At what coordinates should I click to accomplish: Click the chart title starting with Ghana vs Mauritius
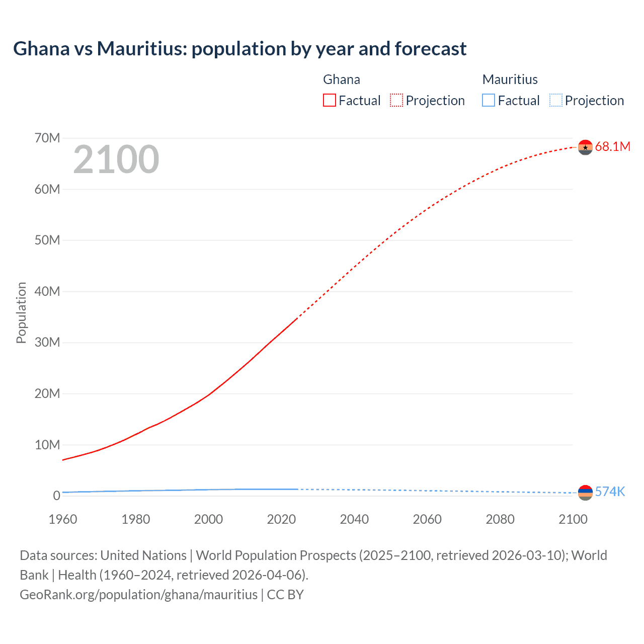[239, 49]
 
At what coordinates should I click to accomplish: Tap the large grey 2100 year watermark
[116, 159]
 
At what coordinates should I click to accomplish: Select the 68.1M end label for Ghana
[612, 146]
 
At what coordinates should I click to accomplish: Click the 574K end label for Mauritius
[610, 492]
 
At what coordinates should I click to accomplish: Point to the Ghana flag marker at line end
[585, 147]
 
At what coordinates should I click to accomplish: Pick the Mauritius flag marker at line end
[585, 493]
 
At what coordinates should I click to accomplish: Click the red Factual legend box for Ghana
[330, 101]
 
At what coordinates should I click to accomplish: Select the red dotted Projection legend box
[396, 101]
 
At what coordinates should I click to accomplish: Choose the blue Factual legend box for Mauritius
[489, 101]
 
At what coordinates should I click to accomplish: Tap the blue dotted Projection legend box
[556, 101]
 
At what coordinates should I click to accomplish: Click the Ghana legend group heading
[342, 79]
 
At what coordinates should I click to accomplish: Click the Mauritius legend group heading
[510, 79]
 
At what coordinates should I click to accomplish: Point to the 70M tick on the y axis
[47, 138]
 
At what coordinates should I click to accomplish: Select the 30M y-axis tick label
[47, 343]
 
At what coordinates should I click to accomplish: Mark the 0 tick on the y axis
[56, 496]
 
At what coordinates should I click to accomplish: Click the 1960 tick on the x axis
[63, 519]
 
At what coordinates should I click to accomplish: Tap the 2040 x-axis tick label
[354, 519]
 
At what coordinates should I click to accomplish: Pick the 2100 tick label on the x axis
[573, 519]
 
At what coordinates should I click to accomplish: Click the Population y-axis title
[21, 312]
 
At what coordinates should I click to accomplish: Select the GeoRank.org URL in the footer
[138, 595]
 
